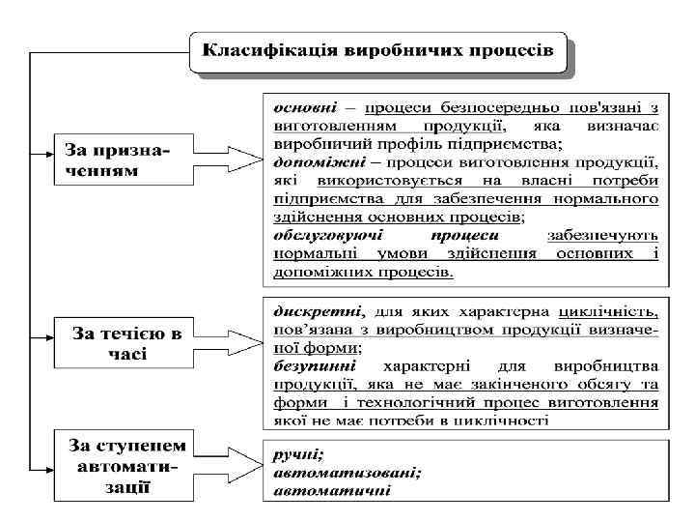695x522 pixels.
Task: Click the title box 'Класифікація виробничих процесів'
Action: pyautogui.click(x=381, y=52)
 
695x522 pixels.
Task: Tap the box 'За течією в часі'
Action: pyautogui.click(x=123, y=343)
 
